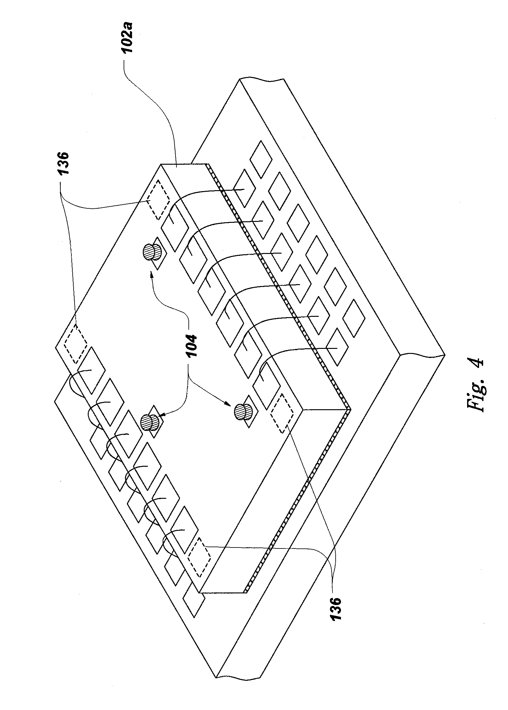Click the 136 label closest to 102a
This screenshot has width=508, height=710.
(64, 167)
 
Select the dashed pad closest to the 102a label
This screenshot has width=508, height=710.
(158, 200)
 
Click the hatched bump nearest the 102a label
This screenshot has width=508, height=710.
(153, 253)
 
